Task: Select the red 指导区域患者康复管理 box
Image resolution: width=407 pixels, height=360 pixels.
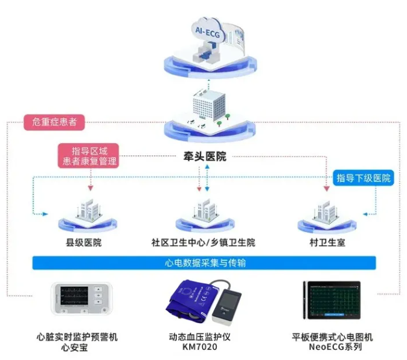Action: [x=90, y=155]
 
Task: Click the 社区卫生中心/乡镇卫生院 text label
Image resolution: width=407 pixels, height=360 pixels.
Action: [x=203, y=243]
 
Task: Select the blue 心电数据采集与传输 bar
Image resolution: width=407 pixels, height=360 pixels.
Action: [x=204, y=263]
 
